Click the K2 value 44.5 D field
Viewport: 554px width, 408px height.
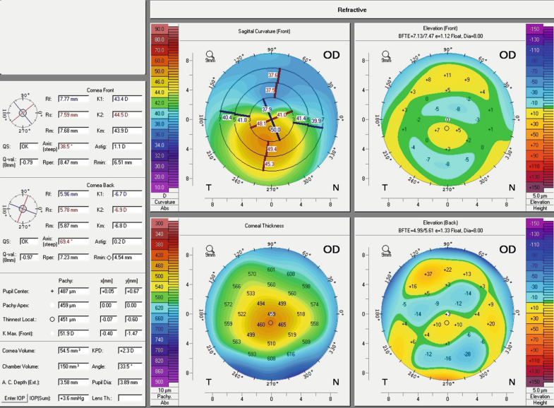[127, 114]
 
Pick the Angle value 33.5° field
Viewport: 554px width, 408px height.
[127, 367]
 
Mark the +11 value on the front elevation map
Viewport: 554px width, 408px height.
[447, 75]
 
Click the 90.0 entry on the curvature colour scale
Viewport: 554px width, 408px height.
[159, 29]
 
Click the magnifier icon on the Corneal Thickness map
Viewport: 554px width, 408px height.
[210, 249]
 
